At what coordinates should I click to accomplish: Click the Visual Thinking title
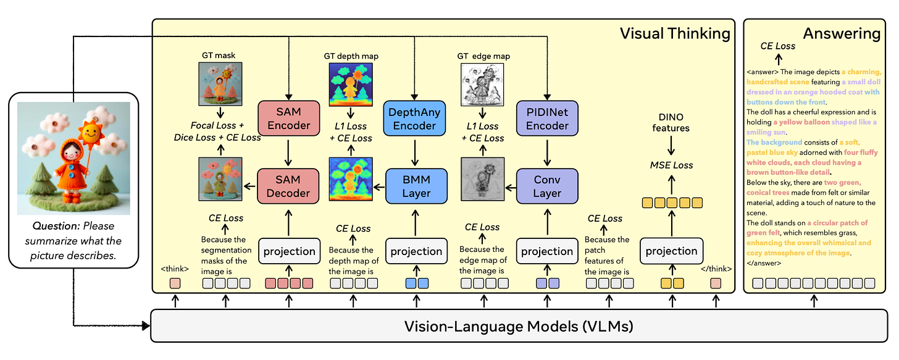coord(674,33)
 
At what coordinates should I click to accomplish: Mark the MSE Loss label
coord(671,165)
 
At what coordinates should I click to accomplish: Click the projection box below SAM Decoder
coord(289,251)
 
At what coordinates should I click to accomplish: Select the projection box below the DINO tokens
coord(671,251)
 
